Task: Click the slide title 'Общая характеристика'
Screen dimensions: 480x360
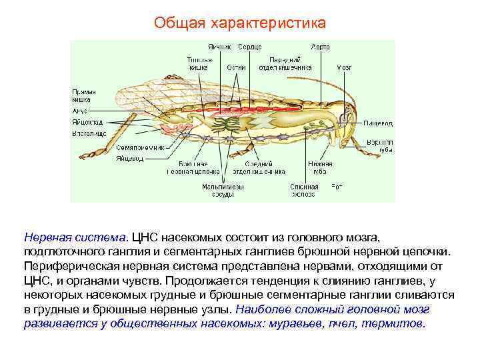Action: click(240, 23)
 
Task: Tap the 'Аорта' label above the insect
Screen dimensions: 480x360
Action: click(320, 47)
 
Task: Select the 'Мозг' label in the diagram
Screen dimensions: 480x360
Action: click(344, 67)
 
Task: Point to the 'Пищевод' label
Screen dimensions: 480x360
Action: click(378, 123)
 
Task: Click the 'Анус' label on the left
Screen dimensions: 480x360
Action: click(79, 111)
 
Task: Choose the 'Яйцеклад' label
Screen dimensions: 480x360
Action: click(87, 123)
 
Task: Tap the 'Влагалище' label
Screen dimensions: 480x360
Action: click(89, 134)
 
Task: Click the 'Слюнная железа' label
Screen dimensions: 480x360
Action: click(303, 191)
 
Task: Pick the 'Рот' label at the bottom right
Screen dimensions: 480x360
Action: click(337, 187)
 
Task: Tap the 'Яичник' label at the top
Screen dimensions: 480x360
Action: click(219, 47)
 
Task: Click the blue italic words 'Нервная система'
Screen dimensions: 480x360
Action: click(75, 237)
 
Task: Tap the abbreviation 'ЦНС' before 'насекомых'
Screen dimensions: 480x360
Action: click(145, 237)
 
